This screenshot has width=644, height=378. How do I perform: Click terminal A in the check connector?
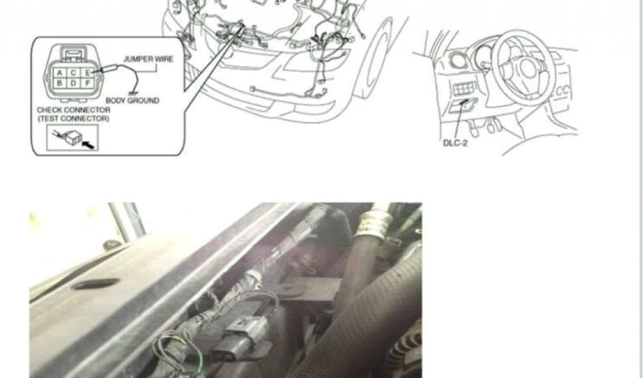[x=60, y=73]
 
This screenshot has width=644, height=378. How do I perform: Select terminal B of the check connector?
[x=60, y=83]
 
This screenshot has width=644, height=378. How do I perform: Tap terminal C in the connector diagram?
[x=74, y=73]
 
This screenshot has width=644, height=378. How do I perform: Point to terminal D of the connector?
[x=74, y=83]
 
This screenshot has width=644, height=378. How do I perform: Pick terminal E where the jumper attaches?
[x=87, y=73]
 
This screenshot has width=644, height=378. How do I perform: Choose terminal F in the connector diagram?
[x=87, y=83]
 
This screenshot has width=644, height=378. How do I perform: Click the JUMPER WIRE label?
[x=148, y=59]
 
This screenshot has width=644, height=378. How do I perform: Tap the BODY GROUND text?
[x=132, y=100]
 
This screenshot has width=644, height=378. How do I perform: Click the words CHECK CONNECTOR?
[x=74, y=110]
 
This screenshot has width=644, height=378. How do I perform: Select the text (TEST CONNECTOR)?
[x=74, y=118]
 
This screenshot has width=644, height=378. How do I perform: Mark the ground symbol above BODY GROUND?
[x=133, y=93]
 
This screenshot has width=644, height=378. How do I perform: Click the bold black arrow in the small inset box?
[x=88, y=144]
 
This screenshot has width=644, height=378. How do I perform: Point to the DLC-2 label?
[x=455, y=143]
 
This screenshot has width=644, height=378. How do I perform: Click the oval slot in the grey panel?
[x=96, y=283]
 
